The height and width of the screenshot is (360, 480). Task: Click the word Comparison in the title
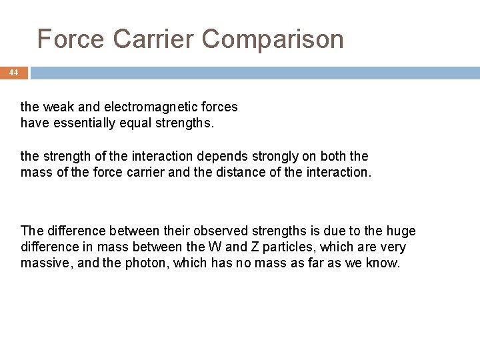click(273, 39)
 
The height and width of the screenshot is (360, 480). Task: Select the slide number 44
click(14, 72)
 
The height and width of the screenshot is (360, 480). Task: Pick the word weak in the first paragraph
click(55, 107)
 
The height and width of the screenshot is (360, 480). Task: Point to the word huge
click(401, 231)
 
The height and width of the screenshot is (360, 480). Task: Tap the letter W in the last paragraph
click(215, 247)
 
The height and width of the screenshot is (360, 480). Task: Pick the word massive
click(43, 263)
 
